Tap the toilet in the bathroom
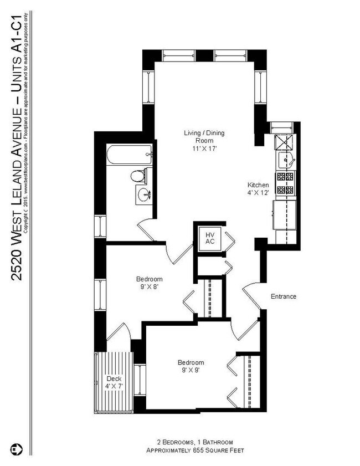pos(138,177)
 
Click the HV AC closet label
pos(210,238)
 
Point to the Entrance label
pos(283,296)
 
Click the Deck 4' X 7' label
pos(114,383)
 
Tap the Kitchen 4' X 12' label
pos(258,189)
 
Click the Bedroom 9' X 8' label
pos(150,283)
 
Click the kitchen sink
pos(286,161)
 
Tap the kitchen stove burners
pos(287,183)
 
